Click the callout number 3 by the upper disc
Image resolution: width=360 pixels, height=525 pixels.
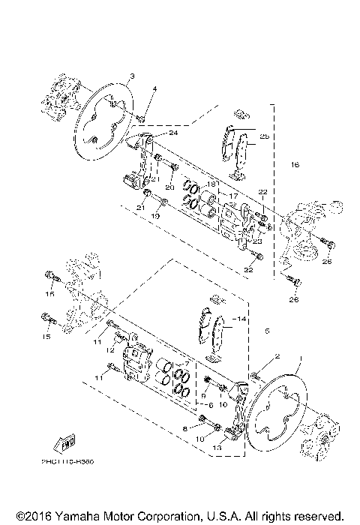[131, 77]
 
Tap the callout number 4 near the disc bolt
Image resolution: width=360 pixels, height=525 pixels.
[154, 89]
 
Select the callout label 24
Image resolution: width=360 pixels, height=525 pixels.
[173, 133]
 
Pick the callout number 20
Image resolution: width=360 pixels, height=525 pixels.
[170, 187]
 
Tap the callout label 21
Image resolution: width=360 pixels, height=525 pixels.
[139, 207]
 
